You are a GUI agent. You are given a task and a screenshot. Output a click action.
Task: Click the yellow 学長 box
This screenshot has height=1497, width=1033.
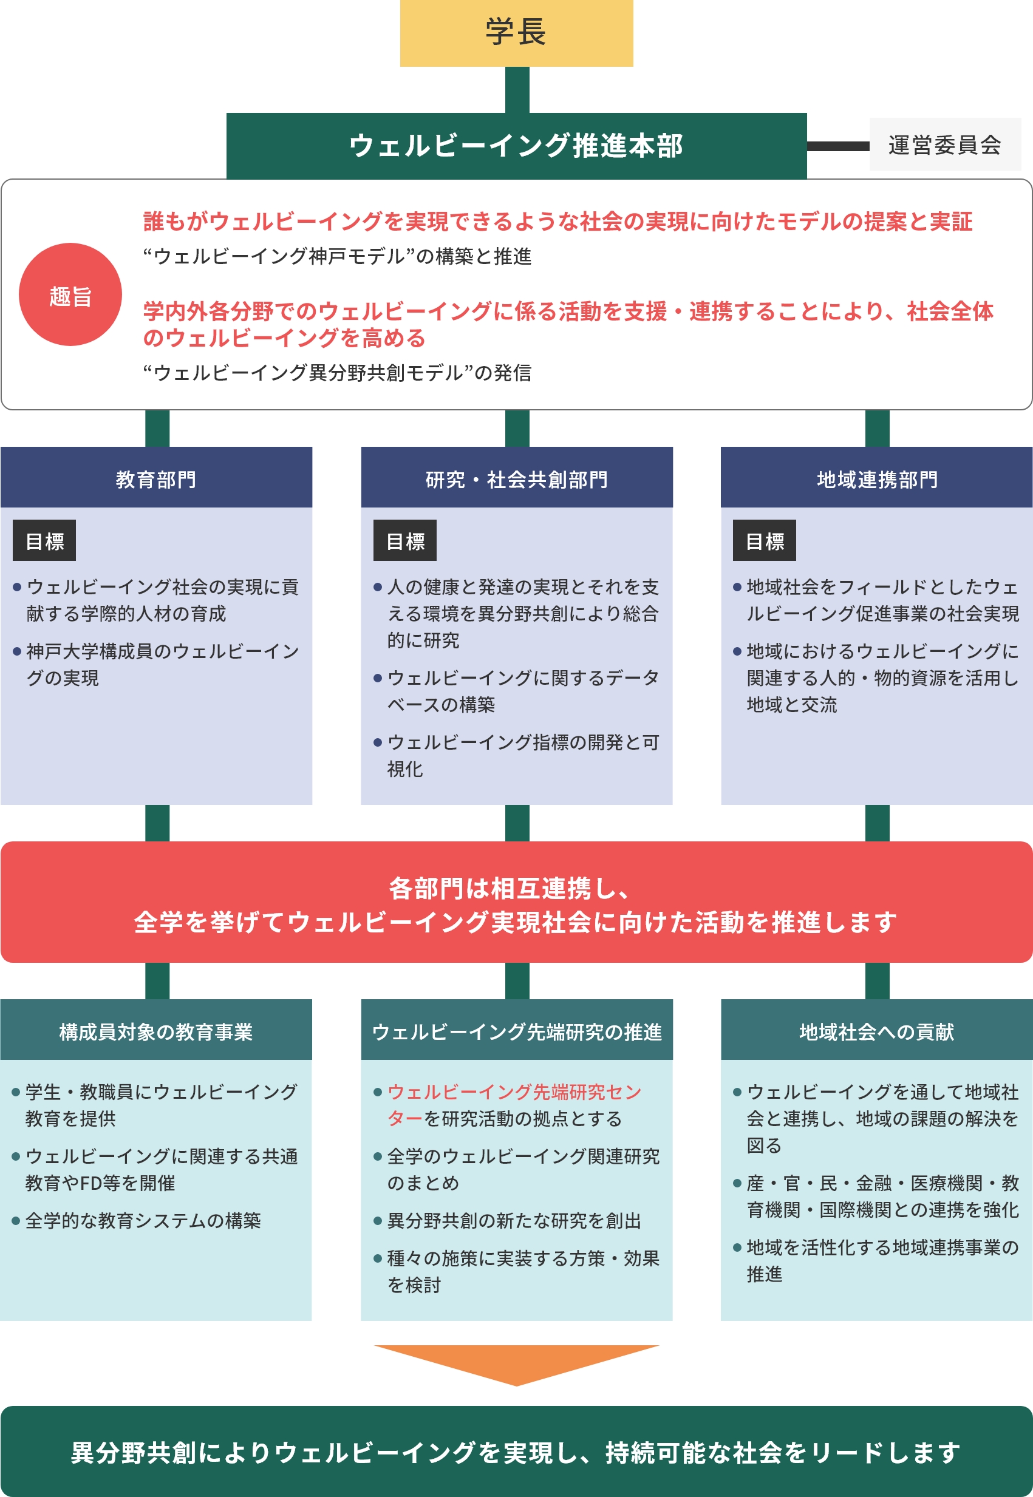516,33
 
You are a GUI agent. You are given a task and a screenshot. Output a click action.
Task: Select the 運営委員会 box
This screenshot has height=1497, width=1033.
945,144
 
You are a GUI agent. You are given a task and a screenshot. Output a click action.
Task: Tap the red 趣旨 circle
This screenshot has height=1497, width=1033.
70,294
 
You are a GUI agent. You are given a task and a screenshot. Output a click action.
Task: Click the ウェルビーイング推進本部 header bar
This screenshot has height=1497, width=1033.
516,146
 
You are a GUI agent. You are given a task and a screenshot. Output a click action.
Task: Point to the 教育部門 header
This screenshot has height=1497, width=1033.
156,477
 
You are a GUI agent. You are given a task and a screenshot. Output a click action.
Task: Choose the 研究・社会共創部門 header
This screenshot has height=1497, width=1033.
516,477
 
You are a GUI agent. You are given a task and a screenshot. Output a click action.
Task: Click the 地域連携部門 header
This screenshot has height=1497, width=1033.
877,477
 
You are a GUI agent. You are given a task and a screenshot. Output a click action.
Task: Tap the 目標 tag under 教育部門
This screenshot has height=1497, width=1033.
44,540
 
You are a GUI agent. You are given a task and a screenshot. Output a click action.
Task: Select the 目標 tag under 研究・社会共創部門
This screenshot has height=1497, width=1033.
404,540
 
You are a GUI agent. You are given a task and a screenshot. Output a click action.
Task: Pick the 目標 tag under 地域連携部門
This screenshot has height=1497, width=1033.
765,540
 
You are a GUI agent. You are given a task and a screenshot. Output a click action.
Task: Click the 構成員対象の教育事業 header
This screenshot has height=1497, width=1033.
156,1030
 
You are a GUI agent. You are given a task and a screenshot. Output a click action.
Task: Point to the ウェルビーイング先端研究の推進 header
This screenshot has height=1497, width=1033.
516,1030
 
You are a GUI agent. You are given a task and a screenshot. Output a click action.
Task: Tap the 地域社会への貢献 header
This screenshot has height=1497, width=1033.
877,1030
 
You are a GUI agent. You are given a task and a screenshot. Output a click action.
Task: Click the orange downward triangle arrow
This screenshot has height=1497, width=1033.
516,1363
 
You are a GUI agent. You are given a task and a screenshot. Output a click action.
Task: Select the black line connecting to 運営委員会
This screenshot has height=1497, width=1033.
838,146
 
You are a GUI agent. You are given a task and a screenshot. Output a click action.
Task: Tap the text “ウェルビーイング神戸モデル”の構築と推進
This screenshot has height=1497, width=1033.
337,256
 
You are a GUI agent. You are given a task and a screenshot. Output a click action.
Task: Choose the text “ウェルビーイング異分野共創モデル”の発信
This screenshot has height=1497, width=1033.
337,373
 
